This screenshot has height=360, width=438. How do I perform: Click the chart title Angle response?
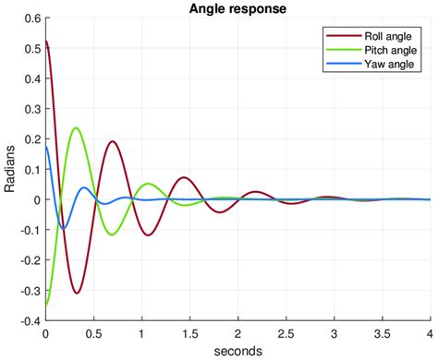coord(237,8)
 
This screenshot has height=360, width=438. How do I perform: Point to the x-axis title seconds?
coord(237,351)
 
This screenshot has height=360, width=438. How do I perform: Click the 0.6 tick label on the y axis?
coord(31,18)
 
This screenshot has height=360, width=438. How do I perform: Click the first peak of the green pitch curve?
coord(76,127)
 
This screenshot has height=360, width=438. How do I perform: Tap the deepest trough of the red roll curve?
coord(78,294)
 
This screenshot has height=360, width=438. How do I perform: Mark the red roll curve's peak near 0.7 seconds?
coord(112,141)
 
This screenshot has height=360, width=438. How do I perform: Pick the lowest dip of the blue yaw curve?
coord(63,228)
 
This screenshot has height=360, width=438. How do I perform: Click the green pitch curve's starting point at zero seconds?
coord(46,304)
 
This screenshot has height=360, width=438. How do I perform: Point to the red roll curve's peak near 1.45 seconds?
coord(184,177)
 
